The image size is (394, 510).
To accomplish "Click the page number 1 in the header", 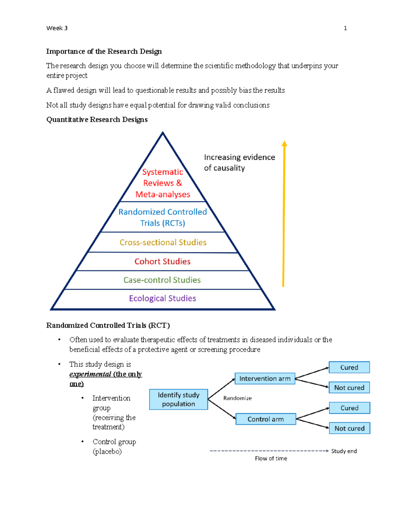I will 345,28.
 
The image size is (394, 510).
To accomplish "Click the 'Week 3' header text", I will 57,28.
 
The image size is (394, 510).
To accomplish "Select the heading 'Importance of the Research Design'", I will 104,52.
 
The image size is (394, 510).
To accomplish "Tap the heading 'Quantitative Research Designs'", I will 97,120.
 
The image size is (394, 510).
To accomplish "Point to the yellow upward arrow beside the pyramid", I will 284,213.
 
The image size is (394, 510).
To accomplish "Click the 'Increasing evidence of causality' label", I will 239,163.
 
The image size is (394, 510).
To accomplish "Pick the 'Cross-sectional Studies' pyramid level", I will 163,242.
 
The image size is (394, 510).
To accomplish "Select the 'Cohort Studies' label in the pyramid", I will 163,261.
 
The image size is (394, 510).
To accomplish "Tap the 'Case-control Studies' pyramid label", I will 162,280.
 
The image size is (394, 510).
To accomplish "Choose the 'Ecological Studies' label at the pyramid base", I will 163,298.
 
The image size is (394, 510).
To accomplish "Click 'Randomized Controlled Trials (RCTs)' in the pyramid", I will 163,217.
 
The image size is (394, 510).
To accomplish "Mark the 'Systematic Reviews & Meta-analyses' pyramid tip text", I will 163,183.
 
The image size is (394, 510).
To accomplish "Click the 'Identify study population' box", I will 178,399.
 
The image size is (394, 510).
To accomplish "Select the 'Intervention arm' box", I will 265,379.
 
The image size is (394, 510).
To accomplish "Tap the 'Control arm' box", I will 266,419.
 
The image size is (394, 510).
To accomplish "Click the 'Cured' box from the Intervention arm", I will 349,367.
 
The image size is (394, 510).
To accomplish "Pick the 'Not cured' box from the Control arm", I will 349,428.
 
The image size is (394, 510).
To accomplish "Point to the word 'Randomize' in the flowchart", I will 237,398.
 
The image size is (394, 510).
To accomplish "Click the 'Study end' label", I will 344,451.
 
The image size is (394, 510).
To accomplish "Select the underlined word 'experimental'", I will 90,374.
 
